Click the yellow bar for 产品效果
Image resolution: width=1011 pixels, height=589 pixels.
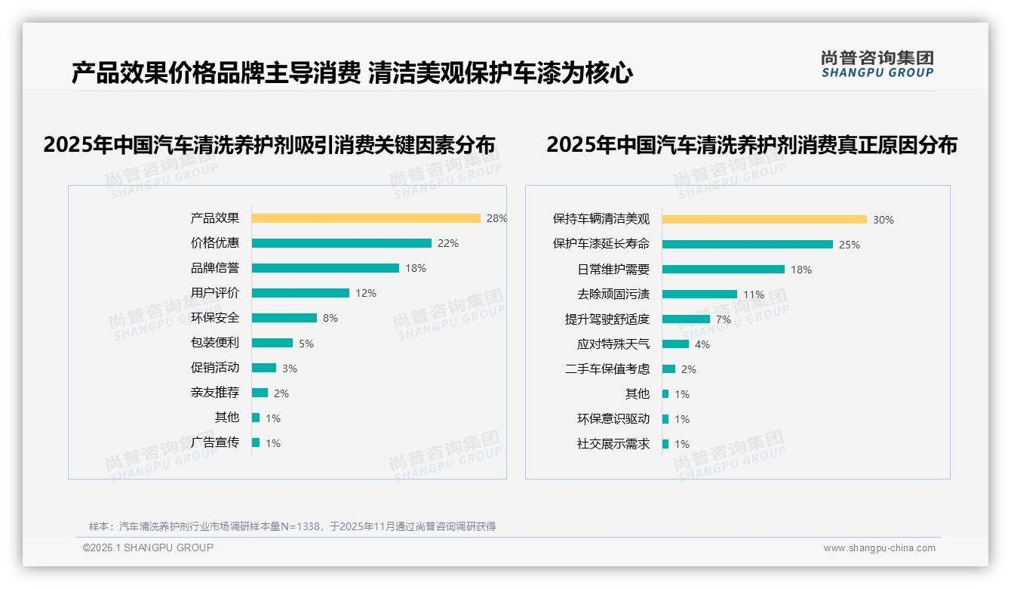click(366, 218)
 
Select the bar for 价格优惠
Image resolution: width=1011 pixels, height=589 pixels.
click(341, 243)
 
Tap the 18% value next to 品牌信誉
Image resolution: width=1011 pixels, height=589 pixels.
click(416, 268)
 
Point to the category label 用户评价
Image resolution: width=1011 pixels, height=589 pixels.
click(215, 293)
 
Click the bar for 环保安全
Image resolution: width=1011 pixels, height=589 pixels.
click(284, 318)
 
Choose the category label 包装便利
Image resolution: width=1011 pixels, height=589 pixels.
click(215, 343)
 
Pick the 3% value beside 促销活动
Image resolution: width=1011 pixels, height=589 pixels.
click(290, 369)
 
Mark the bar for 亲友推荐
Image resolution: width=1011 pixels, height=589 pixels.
click(260, 393)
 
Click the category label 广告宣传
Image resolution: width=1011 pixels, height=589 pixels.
click(215, 443)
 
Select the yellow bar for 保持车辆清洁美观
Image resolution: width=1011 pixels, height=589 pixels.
click(764, 220)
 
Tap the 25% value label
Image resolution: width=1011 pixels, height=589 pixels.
click(850, 245)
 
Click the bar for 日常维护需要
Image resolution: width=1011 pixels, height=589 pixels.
click(724, 269)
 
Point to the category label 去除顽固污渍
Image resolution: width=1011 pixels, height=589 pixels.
click(613, 294)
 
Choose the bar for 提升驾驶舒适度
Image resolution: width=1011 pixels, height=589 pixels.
click(686, 319)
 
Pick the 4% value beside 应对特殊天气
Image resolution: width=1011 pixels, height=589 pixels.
click(702, 344)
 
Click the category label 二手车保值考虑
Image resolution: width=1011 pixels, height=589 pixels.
click(607, 369)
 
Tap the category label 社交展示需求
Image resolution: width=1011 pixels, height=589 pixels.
click(613, 444)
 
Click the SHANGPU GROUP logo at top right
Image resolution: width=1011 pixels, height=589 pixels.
click(877, 64)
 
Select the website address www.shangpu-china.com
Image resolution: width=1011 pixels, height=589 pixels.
click(879, 548)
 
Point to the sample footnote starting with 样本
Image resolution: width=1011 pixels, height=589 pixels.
click(292, 526)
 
